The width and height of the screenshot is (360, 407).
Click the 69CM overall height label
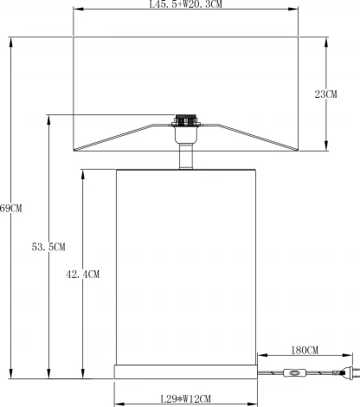click(10, 208)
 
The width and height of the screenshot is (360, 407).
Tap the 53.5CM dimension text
click(48, 247)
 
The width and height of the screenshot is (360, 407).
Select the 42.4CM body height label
click(83, 275)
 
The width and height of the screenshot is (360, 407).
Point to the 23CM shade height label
click(325, 94)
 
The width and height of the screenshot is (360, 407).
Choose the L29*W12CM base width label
click(185, 399)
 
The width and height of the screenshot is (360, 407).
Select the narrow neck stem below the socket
click(184, 157)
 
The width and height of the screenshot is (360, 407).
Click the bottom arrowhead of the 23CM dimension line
click(326, 148)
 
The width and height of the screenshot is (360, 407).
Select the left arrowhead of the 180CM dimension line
click(257, 355)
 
